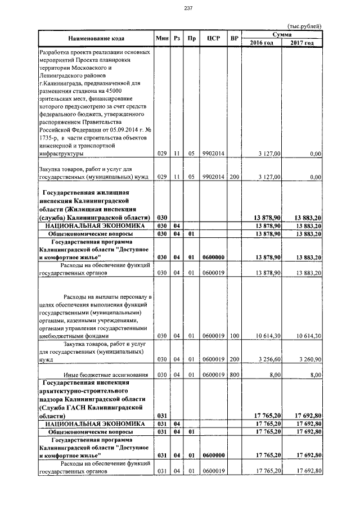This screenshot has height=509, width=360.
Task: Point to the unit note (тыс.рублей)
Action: point(304,26)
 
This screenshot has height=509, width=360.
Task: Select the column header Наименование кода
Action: point(96,38)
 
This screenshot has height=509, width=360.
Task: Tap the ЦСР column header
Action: point(213,38)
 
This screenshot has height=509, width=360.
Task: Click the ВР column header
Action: point(234,38)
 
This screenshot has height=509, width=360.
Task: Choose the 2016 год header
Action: point(262,43)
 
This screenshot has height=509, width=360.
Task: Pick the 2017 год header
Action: point(302,43)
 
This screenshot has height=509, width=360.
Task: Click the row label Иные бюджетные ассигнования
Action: point(105,374)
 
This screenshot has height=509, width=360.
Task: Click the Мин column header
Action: point(162,38)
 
